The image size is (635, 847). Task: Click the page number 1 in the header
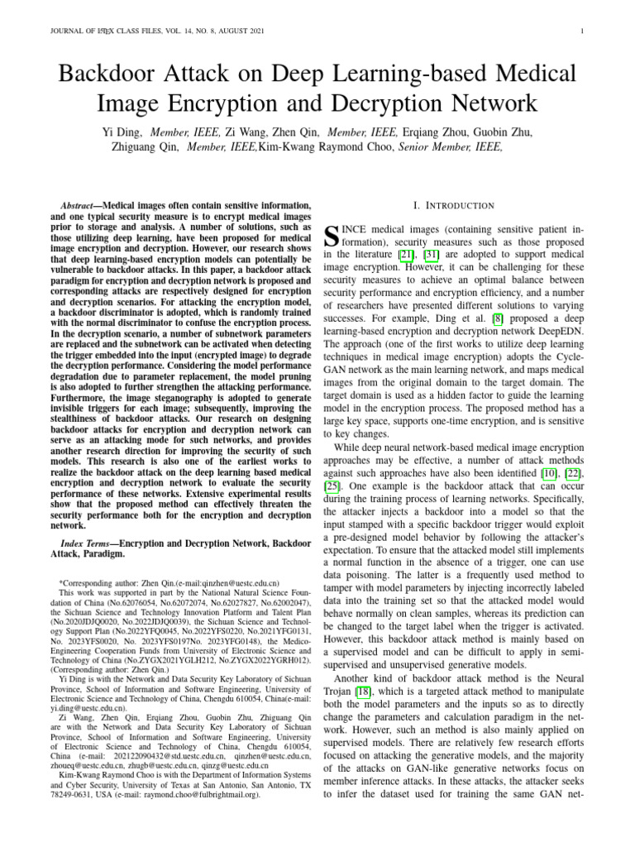pos(584,32)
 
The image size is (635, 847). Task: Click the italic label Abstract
pos(80,205)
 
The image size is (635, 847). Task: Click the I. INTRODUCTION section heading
pos(453,205)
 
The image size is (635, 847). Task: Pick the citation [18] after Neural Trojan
pos(363,691)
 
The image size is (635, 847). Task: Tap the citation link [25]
pos(332,486)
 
